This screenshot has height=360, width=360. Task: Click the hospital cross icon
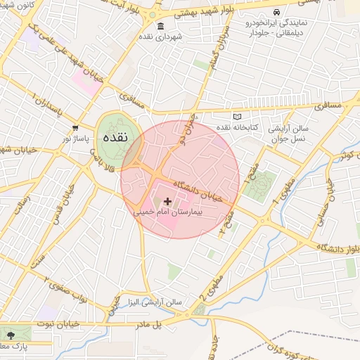(x=167, y=202)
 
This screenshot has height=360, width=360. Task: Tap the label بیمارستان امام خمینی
(x=167, y=211)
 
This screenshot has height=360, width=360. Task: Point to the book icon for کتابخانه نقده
(x=237, y=117)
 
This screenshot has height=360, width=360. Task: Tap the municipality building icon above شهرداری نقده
(x=160, y=26)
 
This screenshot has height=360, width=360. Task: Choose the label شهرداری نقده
(x=160, y=36)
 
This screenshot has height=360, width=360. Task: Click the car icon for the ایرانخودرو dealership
(x=276, y=13)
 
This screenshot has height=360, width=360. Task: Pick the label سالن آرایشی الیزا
(x=154, y=302)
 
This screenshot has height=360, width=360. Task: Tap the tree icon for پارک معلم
(x=10, y=333)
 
